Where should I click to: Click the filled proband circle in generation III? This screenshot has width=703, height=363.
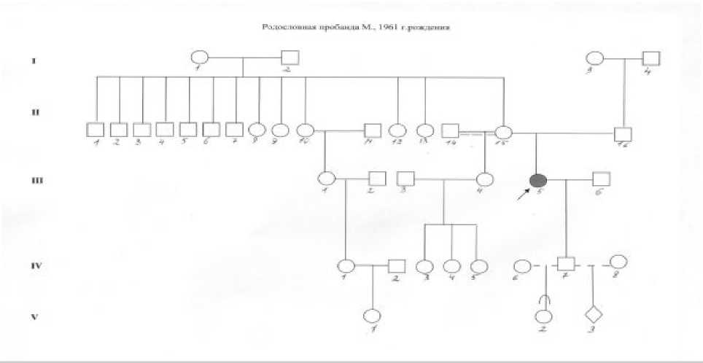[x=538, y=180]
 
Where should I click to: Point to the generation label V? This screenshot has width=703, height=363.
[x=33, y=317]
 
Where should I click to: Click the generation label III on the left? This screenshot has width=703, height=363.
[x=34, y=179]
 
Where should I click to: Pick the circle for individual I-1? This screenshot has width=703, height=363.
[x=199, y=58]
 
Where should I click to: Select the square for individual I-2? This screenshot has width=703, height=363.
[x=290, y=58]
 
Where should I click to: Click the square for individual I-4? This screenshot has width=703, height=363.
[x=651, y=58]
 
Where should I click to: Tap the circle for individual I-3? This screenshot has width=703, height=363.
[x=594, y=58]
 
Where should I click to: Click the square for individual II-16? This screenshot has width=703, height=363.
[x=622, y=133]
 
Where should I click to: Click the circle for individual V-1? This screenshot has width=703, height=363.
[x=373, y=316]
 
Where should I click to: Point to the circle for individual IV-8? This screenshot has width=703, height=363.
[x=618, y=262]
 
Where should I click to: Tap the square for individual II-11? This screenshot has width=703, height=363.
[x=373, y=131]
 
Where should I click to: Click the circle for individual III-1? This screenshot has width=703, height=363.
[x=326, y=178]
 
